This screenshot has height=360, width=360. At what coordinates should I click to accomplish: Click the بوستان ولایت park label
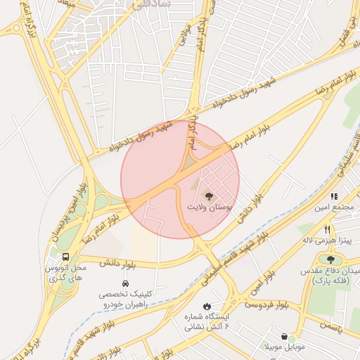click(209, 208)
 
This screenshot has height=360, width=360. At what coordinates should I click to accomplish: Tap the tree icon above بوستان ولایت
click(209, 195)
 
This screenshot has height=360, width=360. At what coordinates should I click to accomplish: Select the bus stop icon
click(65, 257)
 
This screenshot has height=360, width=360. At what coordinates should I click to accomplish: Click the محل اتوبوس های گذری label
click(65, 274)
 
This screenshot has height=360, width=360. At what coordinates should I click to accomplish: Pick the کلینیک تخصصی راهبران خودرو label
click(124, 300)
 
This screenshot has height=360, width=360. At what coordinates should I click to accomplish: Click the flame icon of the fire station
click(206, 306)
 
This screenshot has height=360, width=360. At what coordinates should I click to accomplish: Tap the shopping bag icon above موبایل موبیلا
click(284, 336)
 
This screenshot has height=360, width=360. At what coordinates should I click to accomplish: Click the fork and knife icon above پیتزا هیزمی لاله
click(327, 229)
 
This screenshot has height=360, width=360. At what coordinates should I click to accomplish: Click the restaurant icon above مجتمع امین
click(335, 196)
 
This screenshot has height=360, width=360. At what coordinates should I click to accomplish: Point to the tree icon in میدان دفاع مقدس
click(330, 259)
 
